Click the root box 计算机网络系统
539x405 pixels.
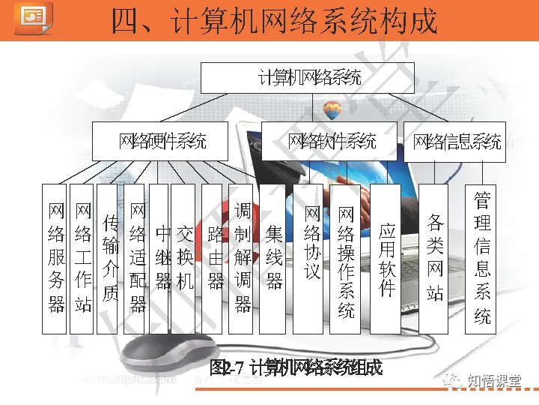click(309, 78)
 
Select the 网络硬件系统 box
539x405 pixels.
click(162, 141)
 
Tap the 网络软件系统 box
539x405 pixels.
click(332, 141)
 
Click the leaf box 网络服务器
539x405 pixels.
click(56, 258)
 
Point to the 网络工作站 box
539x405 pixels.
click(82, 258)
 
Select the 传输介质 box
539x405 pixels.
click(109, 258)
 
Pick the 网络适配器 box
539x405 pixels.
click(136, 258)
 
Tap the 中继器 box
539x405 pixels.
click(161, 258)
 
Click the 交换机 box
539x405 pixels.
click(184, 258)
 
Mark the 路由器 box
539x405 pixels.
click(215, 258)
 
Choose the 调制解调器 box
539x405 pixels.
click(242, 258)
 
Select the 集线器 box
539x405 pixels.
click(273, 258)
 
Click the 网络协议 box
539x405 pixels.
click(310, 258)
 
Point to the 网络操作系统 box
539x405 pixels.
click(345, 258)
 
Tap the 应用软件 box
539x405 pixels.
click(386, 258)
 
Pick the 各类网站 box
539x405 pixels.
click(434, 258)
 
